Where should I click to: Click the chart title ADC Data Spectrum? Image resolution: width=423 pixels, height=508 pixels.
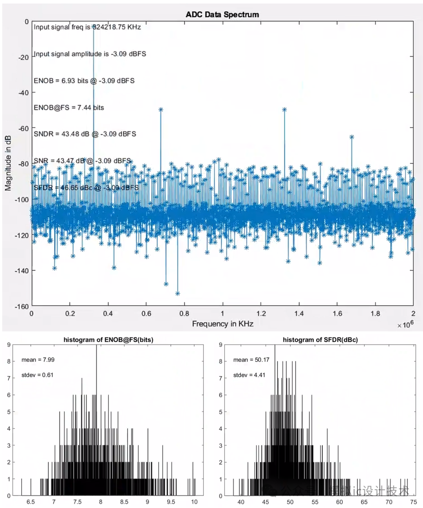[x=222, y=15]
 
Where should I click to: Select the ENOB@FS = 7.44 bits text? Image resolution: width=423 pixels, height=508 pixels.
[x=69, y=107]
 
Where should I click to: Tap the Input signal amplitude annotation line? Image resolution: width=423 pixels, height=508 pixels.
[x=89, y=54]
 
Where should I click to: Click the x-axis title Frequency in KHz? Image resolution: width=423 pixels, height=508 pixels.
[x=222, y=324]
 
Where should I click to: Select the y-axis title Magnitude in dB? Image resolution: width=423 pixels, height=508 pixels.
[x=8, y=163]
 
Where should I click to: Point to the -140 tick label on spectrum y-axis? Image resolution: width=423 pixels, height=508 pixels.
[x=22, y=270]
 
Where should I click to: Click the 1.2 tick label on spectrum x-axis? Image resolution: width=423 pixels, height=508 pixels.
[x=261, y=314]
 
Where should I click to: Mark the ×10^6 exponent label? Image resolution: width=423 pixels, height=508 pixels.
[x=405, y=325]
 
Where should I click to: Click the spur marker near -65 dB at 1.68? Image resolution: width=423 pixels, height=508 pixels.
[x=352, y=137]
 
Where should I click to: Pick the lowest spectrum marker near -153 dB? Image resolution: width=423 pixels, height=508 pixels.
[x=177, y=293]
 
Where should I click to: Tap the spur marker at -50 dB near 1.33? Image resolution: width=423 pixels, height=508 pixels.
[x=284, y=110]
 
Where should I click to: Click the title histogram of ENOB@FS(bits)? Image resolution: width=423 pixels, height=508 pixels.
[x=108, y=340]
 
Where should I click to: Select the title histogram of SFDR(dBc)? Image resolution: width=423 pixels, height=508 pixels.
[x=320, y=340]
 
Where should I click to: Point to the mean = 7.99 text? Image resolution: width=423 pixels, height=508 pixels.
[x=38, y=360]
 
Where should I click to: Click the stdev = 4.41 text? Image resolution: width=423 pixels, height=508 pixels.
[x=249, y=375]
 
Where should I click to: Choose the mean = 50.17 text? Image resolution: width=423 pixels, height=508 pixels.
[x=251, y=360]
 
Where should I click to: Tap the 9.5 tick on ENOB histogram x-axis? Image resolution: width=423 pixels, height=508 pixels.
[x=171, y=502]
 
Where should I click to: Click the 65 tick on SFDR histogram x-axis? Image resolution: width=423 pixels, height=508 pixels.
[x=364, y=502]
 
